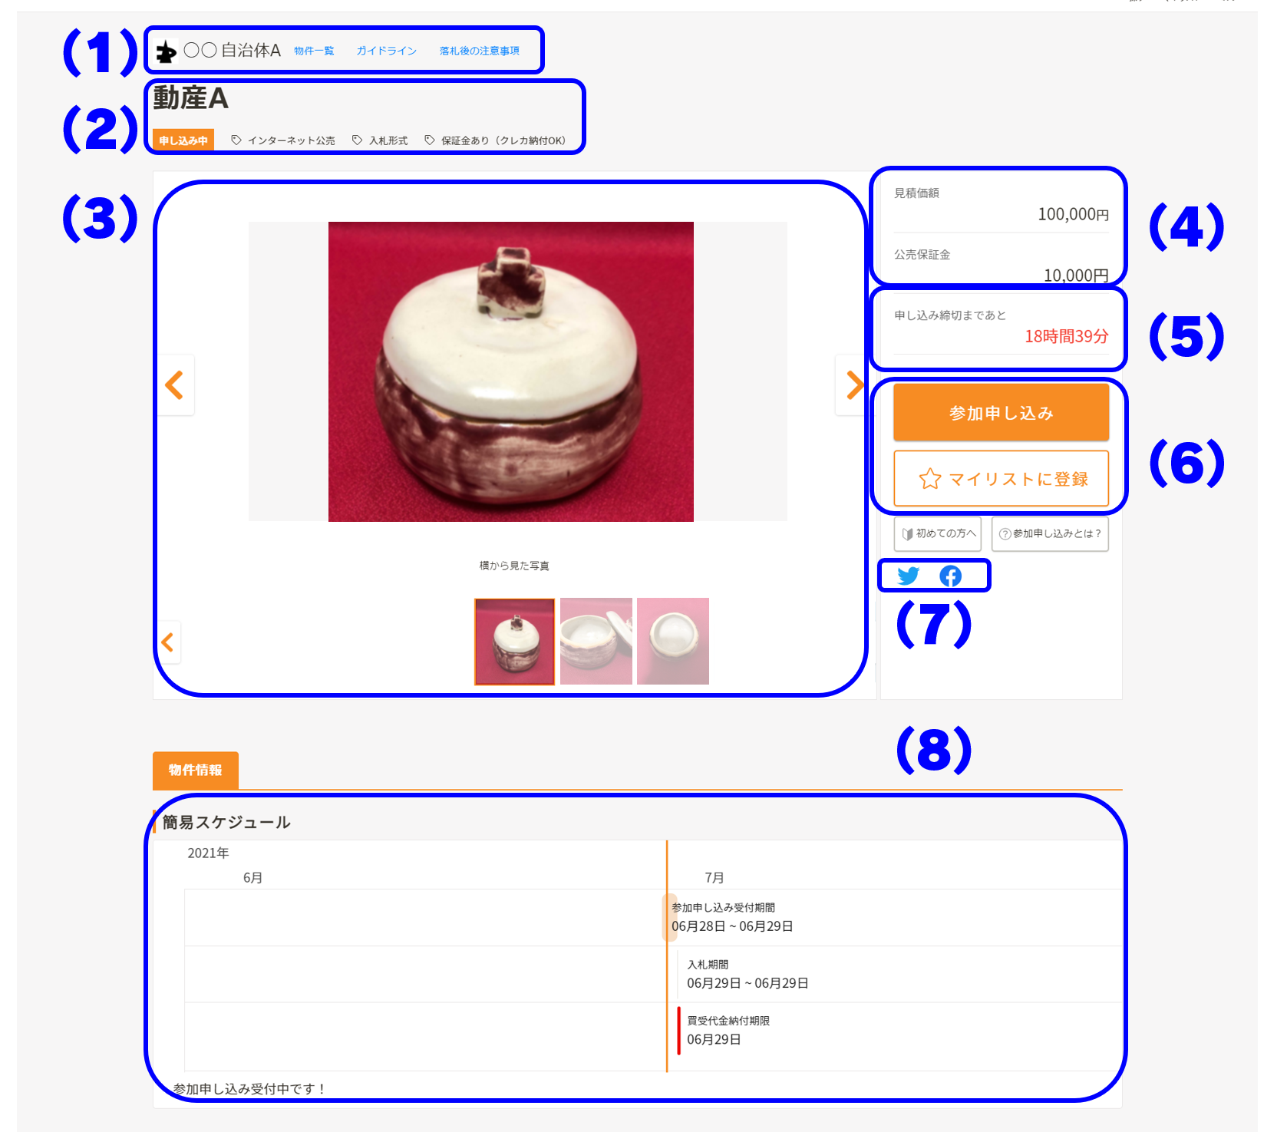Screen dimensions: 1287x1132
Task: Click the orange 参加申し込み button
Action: pyautogui.click(x=1001, y=412)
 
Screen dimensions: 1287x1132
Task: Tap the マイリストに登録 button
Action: pyautogui.click(x=1001, y=479)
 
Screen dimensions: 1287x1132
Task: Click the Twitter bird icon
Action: pyautogui.click(x=909, y=576)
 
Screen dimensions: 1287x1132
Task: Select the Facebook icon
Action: pyautogui.click(x=951, y=576)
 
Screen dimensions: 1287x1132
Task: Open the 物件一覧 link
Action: pyautogui.click(x=314, y=51)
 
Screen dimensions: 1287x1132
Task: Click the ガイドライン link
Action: pyautogui.click(x=386, y=51)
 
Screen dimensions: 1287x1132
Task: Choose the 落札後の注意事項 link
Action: pyautogui.click(x=480, y=51)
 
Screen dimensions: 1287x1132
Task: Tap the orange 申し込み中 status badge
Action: pyautogui.click(x=183, y=140)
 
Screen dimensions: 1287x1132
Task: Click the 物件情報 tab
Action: pyautogui.click(x=196, y=770)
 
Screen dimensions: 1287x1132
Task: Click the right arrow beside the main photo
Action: pyautogui.click(x=853, y=384)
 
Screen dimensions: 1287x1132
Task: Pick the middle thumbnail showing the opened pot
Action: pyautogui.click(x=596, y=641)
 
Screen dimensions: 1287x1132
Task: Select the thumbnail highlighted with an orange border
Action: pyautogui.click(x=514, y=641)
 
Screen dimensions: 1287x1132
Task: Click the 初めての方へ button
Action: pyautogui.click(x=938, y=533)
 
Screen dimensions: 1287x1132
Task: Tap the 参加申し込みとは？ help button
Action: pyautogui.click(x=1050, y=533)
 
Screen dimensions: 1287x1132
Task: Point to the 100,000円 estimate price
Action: pyautogui.click(x=1073, y=214)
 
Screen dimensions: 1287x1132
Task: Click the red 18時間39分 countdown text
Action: pyautogui.click(x=1067, y=336)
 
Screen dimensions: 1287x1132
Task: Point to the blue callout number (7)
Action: pyautogui.click(x=934, y=623)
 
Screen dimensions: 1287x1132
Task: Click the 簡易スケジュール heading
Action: pyautogui.click(x=226, y=822)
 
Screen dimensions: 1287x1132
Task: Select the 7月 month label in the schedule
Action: pyautogui.click(x=714, y=877)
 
